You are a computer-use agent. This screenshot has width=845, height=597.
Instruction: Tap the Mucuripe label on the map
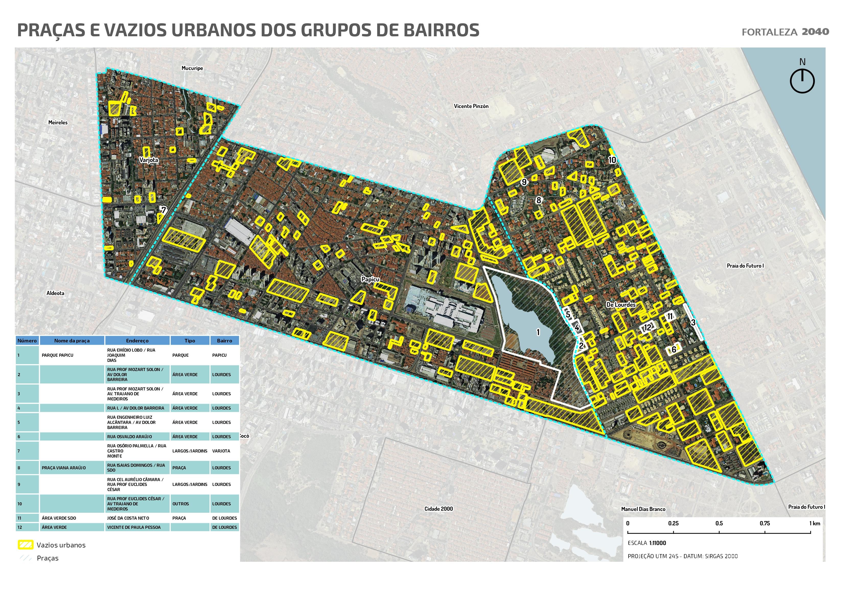tap(192, 68)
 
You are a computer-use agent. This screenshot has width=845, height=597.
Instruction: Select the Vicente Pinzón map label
tap(471, 106)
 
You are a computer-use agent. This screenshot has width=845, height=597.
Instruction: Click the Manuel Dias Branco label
tap(643, 509)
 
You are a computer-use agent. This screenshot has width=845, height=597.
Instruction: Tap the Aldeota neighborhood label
tap(55, 293)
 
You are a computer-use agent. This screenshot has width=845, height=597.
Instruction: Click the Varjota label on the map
tap(149, 160)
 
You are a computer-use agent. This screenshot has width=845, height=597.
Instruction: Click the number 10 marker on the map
tap(612, 160)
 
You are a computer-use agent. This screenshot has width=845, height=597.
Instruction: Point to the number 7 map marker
tap(164, 210)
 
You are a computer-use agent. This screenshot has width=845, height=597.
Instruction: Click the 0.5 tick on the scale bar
tap(719, 523)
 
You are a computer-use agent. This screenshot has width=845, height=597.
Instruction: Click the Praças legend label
tap(48, 558)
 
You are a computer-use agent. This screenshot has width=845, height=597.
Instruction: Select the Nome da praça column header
tap(72, 341)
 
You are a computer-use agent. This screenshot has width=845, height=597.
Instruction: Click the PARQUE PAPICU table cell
tap(57, 355)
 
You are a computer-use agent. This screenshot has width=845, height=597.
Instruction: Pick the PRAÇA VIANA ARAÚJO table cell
tap(64, 468)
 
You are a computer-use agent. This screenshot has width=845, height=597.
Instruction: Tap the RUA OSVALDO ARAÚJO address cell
tap(130, 437)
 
